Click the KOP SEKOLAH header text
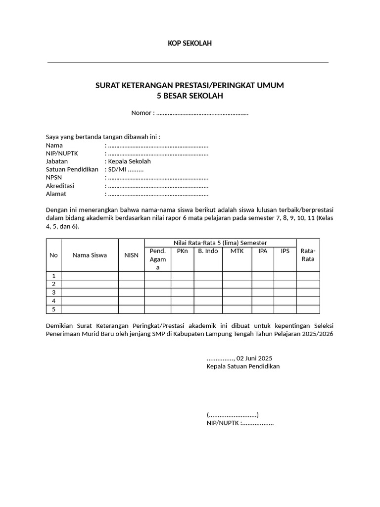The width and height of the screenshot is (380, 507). [190, 44]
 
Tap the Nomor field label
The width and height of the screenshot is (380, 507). [142, 113]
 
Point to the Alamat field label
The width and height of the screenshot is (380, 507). [56, 194]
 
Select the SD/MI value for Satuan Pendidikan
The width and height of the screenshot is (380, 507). [118, 169]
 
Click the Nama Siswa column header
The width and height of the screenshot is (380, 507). [90, 255]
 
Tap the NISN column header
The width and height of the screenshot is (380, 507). [131, 255]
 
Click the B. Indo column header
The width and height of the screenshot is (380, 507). [208, 251]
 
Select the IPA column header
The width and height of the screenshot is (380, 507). [262, 251]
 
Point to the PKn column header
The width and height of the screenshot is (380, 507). [182, 251]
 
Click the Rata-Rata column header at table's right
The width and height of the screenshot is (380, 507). [308, 255]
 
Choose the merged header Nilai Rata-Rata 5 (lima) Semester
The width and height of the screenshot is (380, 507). [220, 243]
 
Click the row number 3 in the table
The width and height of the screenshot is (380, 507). [53, 293]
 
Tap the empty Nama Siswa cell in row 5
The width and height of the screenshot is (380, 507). [90, 309]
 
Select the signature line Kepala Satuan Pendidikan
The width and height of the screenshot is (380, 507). [243, 366]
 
